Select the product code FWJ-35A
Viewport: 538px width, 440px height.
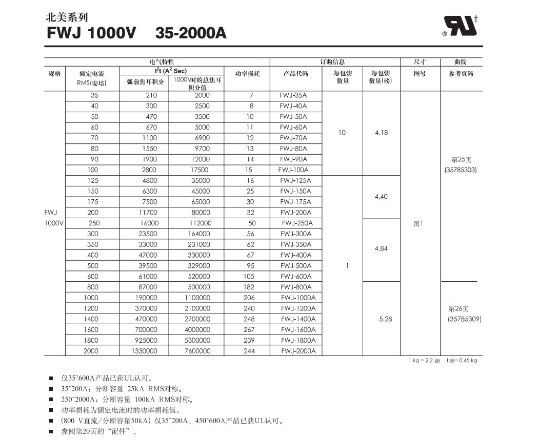click(293, 95)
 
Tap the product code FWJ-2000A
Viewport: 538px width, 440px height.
click(298, 351)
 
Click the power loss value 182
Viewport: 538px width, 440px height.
click(249, 287)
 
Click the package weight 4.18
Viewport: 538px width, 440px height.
click(381, 133)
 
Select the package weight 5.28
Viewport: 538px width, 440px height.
click(385, 319)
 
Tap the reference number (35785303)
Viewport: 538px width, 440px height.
click(461, 170)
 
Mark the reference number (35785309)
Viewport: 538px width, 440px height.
click(464, 319)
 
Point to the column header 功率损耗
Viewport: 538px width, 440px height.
click(247, 74)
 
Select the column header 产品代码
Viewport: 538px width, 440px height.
click(296, 74)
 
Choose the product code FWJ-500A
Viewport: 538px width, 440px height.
click(295, 266)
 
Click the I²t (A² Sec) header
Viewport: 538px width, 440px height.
click(171, 71)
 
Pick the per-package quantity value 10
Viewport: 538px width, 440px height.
click(342, 133)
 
